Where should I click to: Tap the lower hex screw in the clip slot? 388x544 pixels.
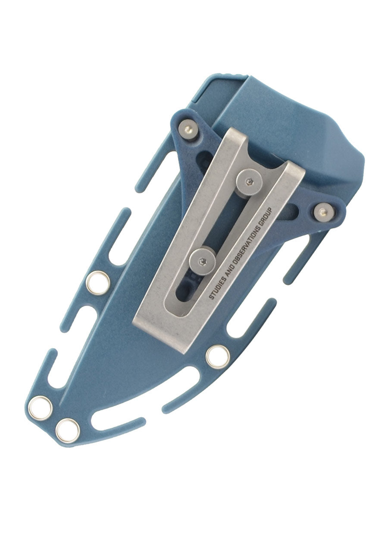203,260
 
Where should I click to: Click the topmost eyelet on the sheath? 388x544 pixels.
98,283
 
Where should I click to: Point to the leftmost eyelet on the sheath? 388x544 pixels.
41,407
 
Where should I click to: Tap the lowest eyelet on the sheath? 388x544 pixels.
68,430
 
